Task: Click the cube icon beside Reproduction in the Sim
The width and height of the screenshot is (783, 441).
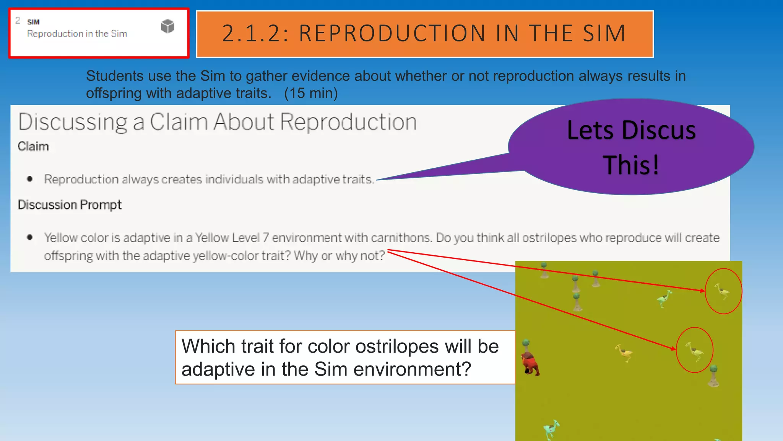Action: (x=167, y=26)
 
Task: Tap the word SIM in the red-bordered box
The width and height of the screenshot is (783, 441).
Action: (x=33, y=22)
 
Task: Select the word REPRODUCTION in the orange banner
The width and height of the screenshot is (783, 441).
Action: (x=392, y=33)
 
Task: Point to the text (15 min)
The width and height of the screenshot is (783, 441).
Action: (x=311, y=93)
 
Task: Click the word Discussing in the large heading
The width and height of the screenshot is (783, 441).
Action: (x=73, y=122)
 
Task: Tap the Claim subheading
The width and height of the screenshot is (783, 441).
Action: (x=33, y=146)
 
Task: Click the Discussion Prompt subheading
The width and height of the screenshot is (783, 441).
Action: (x=70, y=205)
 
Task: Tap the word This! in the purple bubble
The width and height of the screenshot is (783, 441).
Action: (x=631, y=165)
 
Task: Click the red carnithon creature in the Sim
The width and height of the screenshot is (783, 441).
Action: (x=530, y=364)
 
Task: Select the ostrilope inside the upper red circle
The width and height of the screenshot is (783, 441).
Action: (x=722, y=292)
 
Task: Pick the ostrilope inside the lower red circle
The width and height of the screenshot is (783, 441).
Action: (x=694, y=351)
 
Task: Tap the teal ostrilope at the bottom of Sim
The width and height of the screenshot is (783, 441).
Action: (x=551, y=429)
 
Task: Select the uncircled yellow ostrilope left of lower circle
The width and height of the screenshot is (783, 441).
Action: (x=624, y=353)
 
